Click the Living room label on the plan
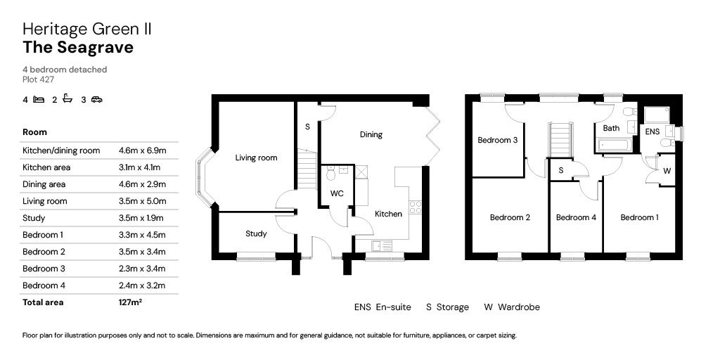256,158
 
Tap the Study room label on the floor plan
256,233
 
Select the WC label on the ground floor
337,194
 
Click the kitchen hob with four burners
415,207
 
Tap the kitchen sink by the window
382,246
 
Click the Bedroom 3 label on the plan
498,141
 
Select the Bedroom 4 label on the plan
576,218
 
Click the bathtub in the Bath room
614,146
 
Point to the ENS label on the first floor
652,131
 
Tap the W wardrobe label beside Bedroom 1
667,171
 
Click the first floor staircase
560,140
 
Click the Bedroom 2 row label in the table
44,252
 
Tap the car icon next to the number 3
96,99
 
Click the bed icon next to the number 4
39,99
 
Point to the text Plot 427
39,79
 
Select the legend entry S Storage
447,307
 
